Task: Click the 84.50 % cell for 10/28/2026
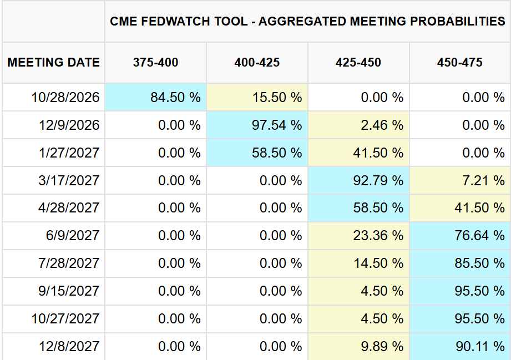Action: click(x=155, y=97)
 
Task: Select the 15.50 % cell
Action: click(x=257, y=97)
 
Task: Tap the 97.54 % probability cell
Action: click(x=257, y=125)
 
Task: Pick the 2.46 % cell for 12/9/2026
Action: click(x=358, y=125)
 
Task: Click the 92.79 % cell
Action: click(x=358, y=180)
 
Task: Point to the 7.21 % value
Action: click(x=460, y=180)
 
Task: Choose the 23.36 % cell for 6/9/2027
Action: click(x=358, y=236)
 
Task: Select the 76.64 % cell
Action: click(x=460, y=236)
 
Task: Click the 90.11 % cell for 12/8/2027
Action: click(x=460, y=346)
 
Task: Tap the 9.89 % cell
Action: click(x=358, y=346)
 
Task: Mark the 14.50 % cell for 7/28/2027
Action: click(x=358, y=263)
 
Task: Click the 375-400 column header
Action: click(x=155, y=62)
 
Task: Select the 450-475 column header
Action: click(x=460, y=62)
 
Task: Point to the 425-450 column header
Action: click(x=358, y=62)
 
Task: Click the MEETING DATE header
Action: click(x=53, y=62)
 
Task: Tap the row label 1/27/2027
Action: click(x=69, y=153)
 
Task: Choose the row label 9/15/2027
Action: click(x=69, y=291)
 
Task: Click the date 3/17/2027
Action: click(x=69, y=180)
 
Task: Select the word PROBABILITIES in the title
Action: click(x=458, y=21)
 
